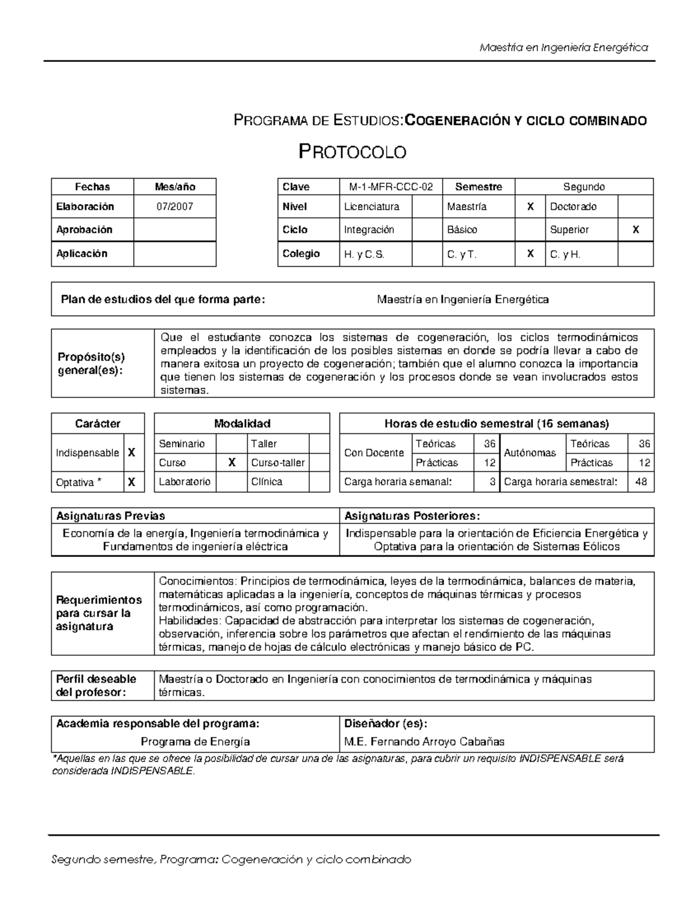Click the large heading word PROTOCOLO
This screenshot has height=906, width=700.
click(352, 152)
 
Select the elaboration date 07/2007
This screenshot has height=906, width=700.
click(174, 207)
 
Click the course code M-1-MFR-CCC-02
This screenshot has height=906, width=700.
click(391, 187)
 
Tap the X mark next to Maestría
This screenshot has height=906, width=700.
click(530, 207)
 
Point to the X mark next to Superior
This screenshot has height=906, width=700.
click(635, 229)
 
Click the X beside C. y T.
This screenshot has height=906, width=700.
click(530, 254)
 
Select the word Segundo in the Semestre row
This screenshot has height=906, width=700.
click(583, 187)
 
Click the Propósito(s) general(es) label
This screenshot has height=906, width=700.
click(90, 363)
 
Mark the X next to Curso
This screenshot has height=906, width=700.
click(232, 463)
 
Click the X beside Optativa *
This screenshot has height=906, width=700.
click(132, 482)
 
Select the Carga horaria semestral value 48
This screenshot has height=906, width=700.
click(640, 482)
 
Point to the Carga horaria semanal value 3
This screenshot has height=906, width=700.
click(492, 482)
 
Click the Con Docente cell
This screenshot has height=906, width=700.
click(374, 453)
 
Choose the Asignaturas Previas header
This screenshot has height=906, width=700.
click(110, 516)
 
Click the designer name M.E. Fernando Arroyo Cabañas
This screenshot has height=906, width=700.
click(424, 742)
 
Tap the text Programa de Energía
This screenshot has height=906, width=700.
click(195, 742)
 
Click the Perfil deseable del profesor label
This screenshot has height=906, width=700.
click(96, 685)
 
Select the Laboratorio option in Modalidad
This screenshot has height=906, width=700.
click(184, 482)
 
